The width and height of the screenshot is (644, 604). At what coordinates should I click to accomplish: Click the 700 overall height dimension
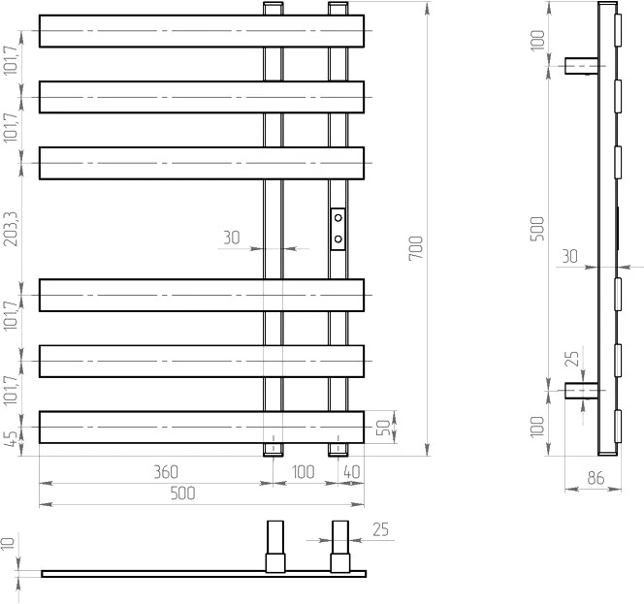pyautogui.click(x=416, y=247)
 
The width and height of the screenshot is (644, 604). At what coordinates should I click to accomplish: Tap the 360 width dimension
pyautogui.click(x=166, y=472)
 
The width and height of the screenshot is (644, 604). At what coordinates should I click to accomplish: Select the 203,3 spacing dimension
pyautogui.click(x=11, y=229)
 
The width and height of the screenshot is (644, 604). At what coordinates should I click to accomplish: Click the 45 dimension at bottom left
pyautogui.click(x=13, y=438)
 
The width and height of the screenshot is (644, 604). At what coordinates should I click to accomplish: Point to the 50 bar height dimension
pyautogui.click(x=383, y=427)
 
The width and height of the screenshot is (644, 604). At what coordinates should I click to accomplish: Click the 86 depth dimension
pyautogui.click(x=596, y=478)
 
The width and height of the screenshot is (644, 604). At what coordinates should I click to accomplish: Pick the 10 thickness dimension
pyautogui.click(x=8, y=543)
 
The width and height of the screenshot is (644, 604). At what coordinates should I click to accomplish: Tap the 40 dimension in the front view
pyautogui.click(x=351, y=472)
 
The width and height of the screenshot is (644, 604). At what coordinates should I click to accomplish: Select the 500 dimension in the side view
pyautogui.click(x=537, y=229)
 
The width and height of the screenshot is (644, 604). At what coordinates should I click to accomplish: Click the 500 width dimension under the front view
pyautogui.click(x=182, y=493)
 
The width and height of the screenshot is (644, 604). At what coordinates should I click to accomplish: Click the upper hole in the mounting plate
pyautogui.click(x=338, y=218)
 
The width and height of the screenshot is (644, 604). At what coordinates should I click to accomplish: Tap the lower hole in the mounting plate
pyautogui.click(x=338, y=238)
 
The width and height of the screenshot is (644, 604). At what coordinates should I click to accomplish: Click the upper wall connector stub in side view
pyautogui.click(x=582, y=66)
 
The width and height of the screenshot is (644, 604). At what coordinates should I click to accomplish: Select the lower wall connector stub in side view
pyautogui.click(x=582, y=391)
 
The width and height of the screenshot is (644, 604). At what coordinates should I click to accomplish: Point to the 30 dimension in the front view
pyautogui.click(x=232, y=238)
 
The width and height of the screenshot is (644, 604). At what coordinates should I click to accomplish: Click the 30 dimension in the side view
pyautogui.click(x=569, y=257)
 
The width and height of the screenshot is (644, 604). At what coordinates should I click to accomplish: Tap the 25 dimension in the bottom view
pyautogui.click(x=381, y=529)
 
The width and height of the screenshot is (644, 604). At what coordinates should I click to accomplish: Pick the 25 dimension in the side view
pyautogui.click(x=572, y=359)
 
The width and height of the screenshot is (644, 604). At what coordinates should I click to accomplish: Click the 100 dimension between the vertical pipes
pyautogui.click(x=304, y=472)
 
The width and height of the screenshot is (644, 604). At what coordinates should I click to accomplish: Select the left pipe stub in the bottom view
pyautogui.click(x=275, y=547)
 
